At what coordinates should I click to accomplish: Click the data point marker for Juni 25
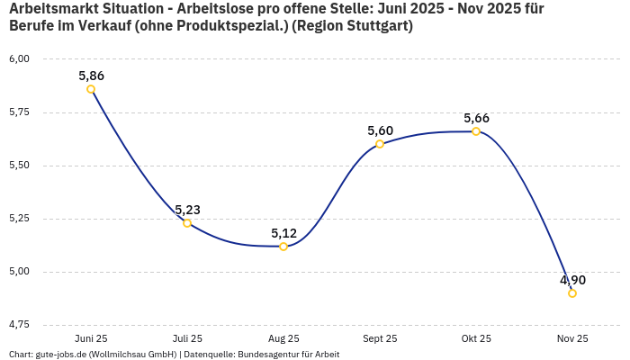tap(91, 89)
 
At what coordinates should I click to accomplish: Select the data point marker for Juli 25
tap(187, 223)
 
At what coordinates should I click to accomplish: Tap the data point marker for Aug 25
tap(283, 247)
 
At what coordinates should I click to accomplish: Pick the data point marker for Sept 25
tap(380, 144)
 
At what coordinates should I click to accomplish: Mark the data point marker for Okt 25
tap(476, 131)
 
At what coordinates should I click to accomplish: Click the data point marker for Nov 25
tap(572, 293)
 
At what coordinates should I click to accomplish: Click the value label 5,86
tap(91, 76)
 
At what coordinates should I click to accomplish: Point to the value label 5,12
tap(283, 233)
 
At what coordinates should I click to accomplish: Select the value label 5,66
tap(476, 118)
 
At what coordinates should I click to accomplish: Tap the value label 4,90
tap(572, 280)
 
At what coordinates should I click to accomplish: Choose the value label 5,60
tap(380, 130)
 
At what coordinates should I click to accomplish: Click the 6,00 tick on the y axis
tap(19, 59)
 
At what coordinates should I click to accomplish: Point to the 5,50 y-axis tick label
tap(19, 166)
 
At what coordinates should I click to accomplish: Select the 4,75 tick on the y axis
tap(19, 324)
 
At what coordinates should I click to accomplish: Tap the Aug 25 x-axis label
tap(283, 338)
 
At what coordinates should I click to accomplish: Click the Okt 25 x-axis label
tap(476, 338)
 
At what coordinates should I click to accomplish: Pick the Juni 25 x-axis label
tap(91, 338)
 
